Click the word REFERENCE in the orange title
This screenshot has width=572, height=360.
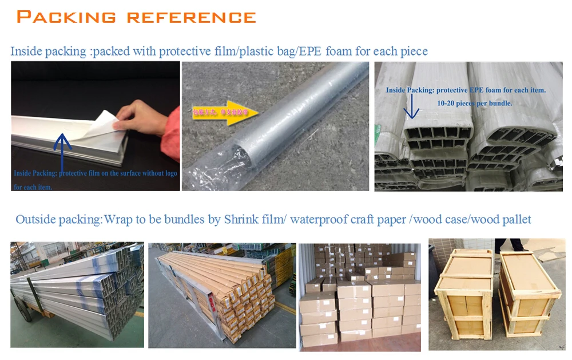191,17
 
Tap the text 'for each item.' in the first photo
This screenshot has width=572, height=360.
33,187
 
